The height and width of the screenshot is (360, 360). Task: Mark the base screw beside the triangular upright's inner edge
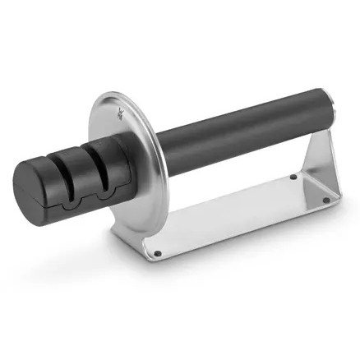click(293, 176)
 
